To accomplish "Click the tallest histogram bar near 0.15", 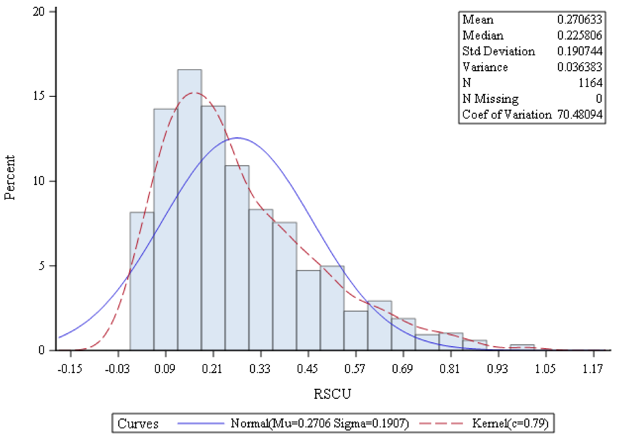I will (x=189, y=210).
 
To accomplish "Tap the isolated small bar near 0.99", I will (x=522, y=348).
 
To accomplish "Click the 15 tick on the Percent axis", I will (x=39, y=96).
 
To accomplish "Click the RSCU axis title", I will (x=332, y=394).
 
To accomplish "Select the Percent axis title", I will (x=10, y=177).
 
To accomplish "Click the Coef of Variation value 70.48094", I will (x=580, y=114).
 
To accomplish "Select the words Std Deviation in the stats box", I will (x=499, y=51).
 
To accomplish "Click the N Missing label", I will (x=490, y=99).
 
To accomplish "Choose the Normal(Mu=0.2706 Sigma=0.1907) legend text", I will (x=320, y=423).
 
